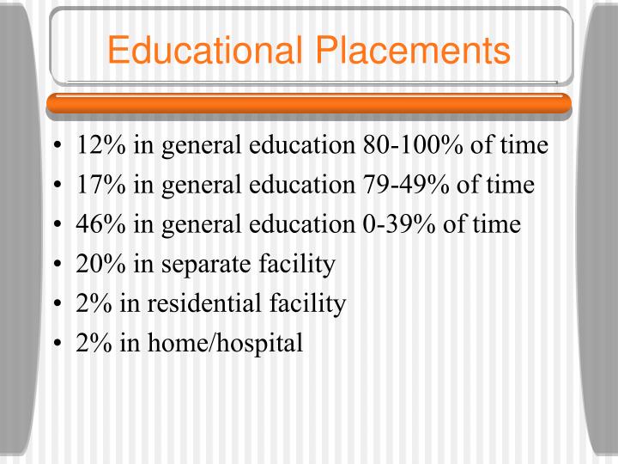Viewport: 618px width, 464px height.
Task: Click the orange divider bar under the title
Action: pyautogui.click(x=309, y=103)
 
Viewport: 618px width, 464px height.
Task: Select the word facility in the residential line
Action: pyautogui.click(x=310, y=303)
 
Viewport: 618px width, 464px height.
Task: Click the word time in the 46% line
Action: pyautogui.click(x=497, y=224)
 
